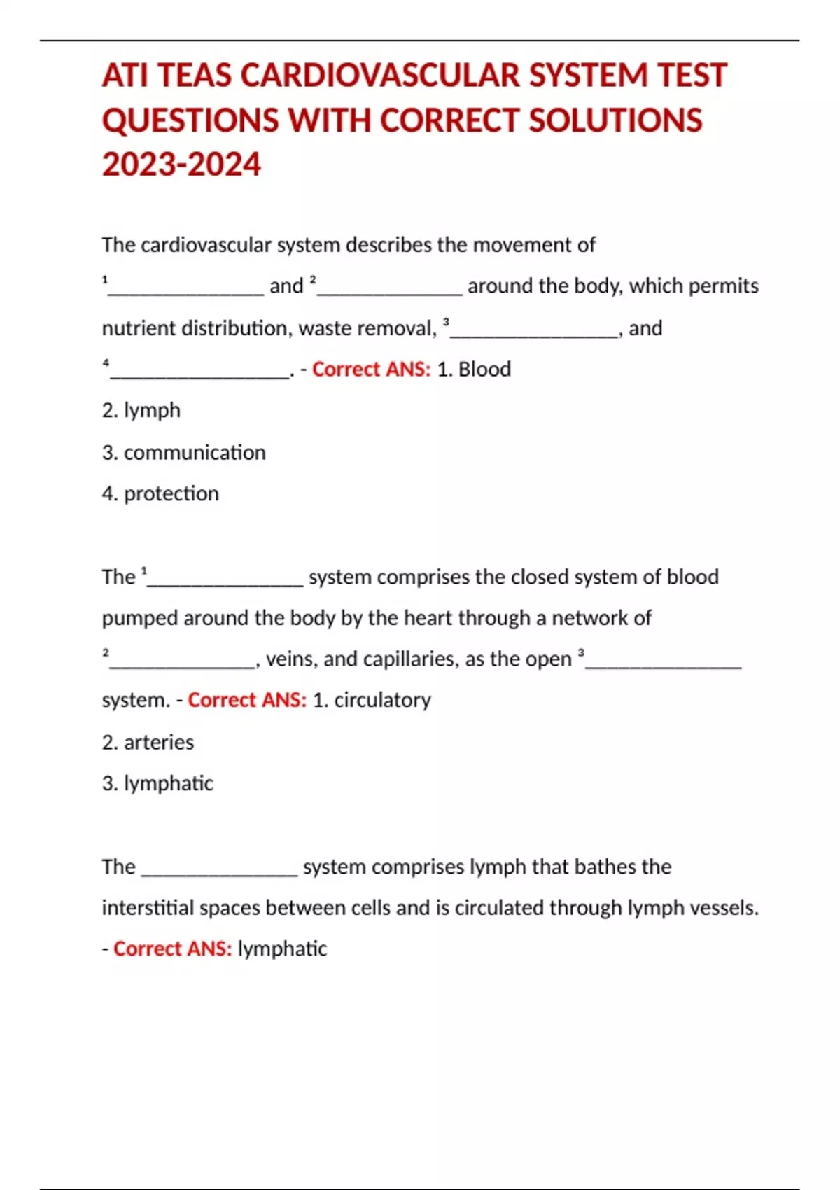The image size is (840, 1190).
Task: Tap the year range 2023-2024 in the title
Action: coord(181,165)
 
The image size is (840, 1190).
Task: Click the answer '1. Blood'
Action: coord(474,369)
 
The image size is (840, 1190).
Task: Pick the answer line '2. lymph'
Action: coord(141,410)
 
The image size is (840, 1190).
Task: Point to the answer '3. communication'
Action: coord(184,453)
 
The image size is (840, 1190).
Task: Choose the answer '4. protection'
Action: coord(160,493)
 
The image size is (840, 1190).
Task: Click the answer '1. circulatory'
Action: coord(372,700)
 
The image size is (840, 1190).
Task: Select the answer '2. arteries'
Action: coord(148,742)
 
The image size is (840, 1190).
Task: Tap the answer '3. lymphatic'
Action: coord(157,783)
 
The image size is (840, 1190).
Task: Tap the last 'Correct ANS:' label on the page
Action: coord(172,948)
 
